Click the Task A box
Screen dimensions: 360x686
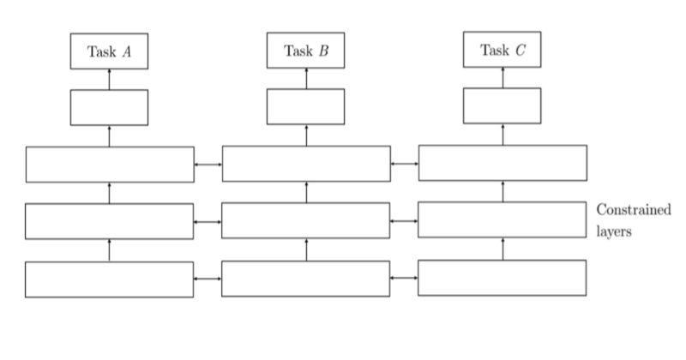point(109,51)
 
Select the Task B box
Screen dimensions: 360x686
point(306,51)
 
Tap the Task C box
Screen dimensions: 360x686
point(502,50)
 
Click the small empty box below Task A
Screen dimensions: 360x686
point(109,107)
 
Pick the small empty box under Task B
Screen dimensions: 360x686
point(306,106)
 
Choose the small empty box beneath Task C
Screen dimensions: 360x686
point(502,105)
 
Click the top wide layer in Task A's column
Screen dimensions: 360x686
point(110,165)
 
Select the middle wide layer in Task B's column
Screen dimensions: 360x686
point(306,220)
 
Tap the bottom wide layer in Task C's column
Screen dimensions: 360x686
point(502,278)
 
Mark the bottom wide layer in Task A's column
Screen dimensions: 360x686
point(110,279)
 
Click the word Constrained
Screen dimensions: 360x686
point(633,210)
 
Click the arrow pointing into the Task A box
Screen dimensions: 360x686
point(110,79)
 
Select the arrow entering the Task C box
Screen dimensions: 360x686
point(502,77)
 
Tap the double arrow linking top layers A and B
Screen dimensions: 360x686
point(208,164)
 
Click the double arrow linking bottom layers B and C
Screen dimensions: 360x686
point(404,278)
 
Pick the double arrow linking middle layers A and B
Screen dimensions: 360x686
point(208,221)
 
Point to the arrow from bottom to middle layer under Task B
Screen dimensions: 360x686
point(306,249)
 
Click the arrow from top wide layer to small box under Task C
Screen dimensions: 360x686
point(502,134)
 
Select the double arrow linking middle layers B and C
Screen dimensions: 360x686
point(404,220)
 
